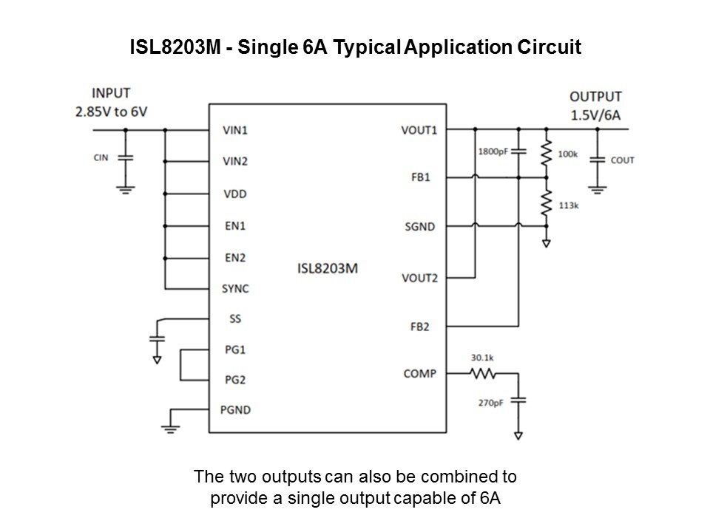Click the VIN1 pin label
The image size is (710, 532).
(x=234, y=130)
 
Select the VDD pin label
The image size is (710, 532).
(x=234, y=194)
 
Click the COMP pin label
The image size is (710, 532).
(x=419, y=374)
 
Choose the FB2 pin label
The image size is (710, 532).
(x=419, y=326)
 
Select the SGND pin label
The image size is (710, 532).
(x=420, y=225)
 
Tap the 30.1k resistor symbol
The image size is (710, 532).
(x=483, y=375)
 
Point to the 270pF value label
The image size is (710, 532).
(x=490, y=404)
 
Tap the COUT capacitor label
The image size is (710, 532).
(x=623, y=160)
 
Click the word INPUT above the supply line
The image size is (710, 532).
(x=111, y=93)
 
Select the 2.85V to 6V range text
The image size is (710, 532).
(x=111, y=111)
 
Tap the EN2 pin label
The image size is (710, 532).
(x=234, y=258)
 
